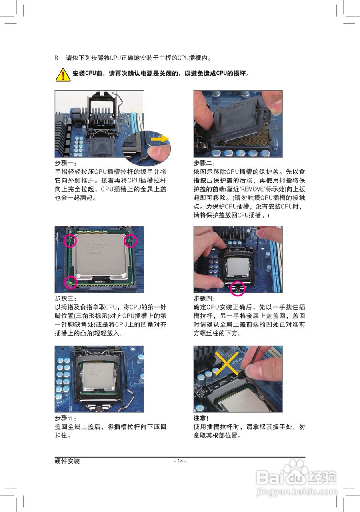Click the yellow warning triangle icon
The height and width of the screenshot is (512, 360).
pyautogui.click(x=63, y=74)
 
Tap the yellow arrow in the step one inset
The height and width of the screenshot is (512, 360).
pyautogui.click(x=160, y=138)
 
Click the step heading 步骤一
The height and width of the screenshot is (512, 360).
pyautogui.click(x=66, y=163)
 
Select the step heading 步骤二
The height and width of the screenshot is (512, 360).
pyautogui.click(x=204, y=163)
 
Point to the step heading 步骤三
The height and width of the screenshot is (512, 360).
pyautogui.click(x=66, y=298)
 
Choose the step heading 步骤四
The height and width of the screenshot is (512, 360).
pyautogui.click(x=204, y=298)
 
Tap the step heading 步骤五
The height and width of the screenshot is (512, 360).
pyautogui.click(x=66, y=418)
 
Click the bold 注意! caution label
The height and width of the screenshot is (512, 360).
pyautogui.click(x=201, y=418)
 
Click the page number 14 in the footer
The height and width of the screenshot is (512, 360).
pyautogui.click(x=180, y=461)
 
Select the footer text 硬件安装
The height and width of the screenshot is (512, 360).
pyautogui.click(x=67, y=461)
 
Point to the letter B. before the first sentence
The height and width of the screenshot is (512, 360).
pyautogui.click(x=57, y=58)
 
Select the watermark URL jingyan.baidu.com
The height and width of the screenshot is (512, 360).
pyautogui.click(x=297, y=492)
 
